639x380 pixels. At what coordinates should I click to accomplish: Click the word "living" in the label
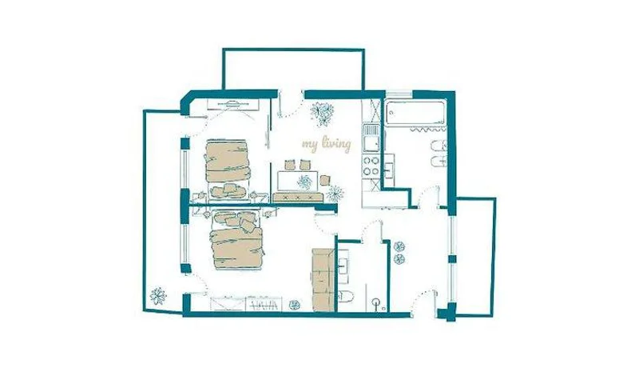[x=336, y=144]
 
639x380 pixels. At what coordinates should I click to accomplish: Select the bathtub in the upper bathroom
[x=415, y=113]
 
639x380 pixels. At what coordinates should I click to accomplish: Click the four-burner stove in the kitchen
[x=371, y=166]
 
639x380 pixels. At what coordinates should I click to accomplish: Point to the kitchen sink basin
[x=371, y=142]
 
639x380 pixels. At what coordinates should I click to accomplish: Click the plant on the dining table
[x=304, y=182]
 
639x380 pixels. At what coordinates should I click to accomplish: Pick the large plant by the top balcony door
[x=323, y=113]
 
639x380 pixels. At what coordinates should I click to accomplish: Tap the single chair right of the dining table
[x=325, y=180]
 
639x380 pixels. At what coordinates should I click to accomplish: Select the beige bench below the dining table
[x=298, y=198]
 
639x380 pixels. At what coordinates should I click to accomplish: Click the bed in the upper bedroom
[x=228, y=161]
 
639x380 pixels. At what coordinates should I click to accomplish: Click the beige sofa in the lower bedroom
[x=323, y=280]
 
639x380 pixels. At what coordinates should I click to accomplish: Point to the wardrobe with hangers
[x=264, y=304]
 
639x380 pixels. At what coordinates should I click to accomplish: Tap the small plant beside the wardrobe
[x=294, y=305]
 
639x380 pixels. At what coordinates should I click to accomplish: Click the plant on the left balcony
[x=157, y=296]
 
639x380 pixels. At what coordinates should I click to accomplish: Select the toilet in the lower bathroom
[x=346, y=295]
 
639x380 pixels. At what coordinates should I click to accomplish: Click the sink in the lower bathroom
[x=343, y=266]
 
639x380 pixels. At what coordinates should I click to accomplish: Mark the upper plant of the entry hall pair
[x=399, y=246]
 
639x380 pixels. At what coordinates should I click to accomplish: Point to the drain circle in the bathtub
[x=391, y=112]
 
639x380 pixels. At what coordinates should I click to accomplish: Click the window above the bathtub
[x=399, y=94]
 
